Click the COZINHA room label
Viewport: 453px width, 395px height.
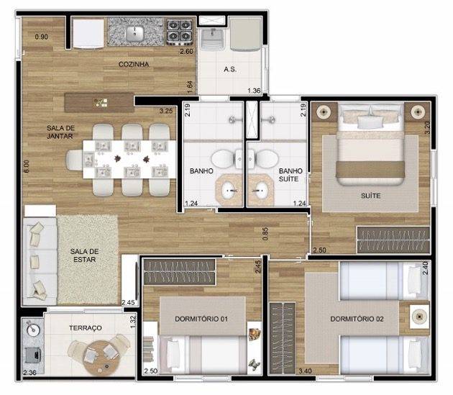click(134, 64)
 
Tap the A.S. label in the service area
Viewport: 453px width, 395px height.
click(230, 69)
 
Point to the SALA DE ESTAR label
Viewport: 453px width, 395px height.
click(85, 255)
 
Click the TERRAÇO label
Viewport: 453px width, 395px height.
click(86, 327)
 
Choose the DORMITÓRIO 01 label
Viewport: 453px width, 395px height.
click(201, 318)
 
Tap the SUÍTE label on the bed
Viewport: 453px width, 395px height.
click(371, 195)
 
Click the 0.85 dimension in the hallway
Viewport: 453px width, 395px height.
click(265, 234)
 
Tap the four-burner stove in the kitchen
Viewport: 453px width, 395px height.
click(179, 31)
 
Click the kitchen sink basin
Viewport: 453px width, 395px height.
click(134, 32)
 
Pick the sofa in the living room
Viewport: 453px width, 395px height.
click(40, 260)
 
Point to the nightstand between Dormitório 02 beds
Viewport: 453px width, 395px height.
click(418, 314)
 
